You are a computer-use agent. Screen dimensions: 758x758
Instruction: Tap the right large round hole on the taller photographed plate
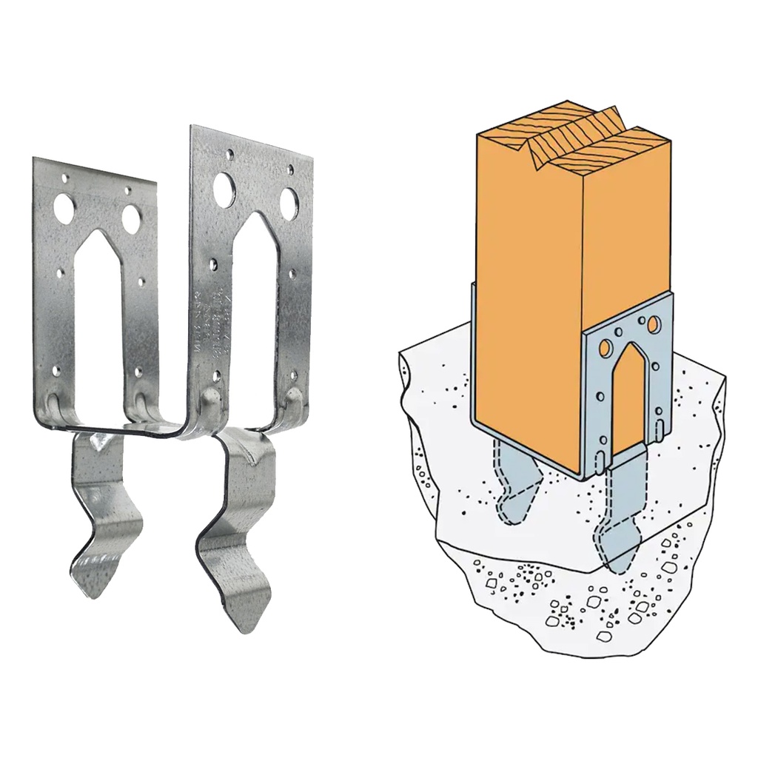[x=289, y=200]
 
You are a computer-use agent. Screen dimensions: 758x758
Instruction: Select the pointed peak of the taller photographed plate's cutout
[x=255, y=217]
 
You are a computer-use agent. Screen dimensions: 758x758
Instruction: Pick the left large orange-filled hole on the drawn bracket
[x=606, y=346]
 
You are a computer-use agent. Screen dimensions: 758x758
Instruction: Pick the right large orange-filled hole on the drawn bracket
[x=654, y=325]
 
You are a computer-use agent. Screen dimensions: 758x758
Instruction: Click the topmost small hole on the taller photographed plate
[x=230, y=155]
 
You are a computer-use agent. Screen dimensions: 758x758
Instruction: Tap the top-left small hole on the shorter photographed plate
[x=66, y=178]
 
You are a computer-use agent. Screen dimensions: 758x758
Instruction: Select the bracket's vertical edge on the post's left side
[x=472, y=355]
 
